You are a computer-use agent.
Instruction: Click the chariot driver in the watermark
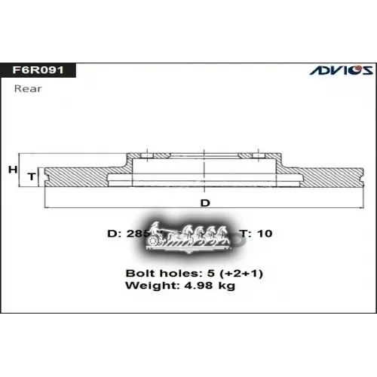tap(155, 227)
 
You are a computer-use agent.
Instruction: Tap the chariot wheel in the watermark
tap(156, 240)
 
